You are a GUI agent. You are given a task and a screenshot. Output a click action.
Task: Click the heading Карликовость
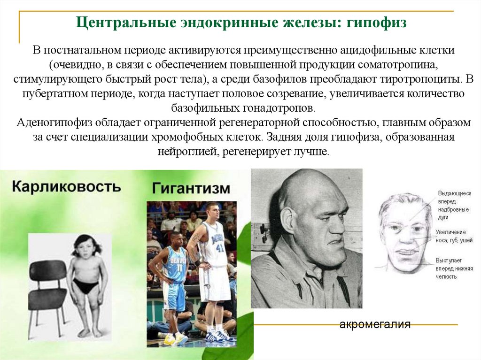66,186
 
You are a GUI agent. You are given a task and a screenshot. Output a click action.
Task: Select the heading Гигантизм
191,189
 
